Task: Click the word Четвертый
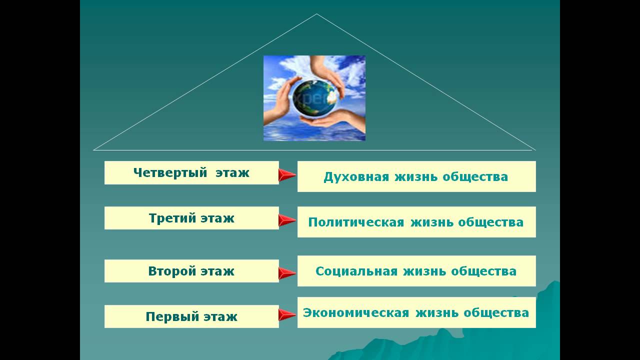(170, 173)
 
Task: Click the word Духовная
(356, 177)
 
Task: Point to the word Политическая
(356, 222)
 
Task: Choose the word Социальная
(356, 271)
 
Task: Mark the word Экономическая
(356, 313)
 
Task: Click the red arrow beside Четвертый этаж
(287, 175)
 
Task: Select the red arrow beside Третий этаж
(287, 220)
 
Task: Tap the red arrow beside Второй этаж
(287, 273)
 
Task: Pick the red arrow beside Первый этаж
(287, 315)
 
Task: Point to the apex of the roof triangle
(316, 14)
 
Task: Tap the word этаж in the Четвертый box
(232, 173)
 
